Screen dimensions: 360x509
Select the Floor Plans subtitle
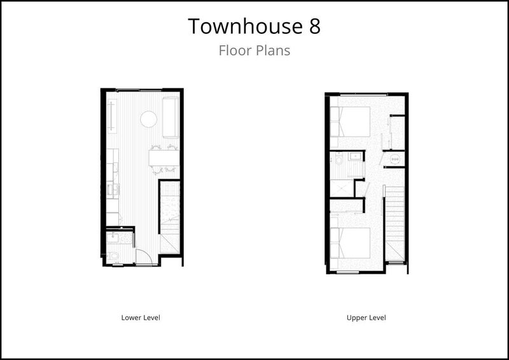point(254,51)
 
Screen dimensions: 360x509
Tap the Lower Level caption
point(140,317)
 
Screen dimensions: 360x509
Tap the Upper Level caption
point(366,317)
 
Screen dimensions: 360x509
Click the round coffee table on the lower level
point(148,119)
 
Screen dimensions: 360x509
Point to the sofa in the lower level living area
point(171,117)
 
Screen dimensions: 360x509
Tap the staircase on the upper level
point(395,223)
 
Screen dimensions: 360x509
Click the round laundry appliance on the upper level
point(394,158)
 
